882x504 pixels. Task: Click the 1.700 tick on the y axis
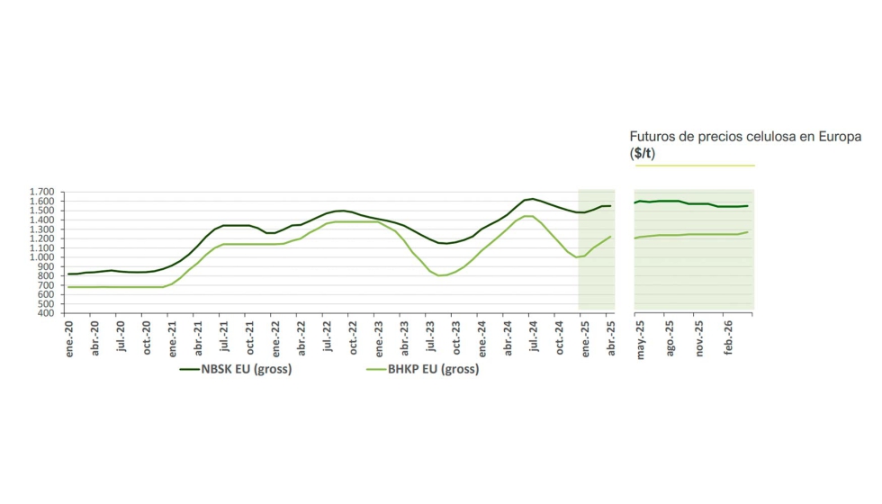point(42,193)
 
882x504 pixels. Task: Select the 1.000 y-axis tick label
point(42,257)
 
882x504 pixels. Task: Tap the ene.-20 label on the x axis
point(69,339)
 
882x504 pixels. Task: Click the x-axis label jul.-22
point(328,338)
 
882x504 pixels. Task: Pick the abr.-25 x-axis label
point(611,339)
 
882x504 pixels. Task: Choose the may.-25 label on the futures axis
point(641,340)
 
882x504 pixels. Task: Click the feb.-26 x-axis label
point(728,338)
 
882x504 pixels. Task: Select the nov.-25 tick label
point(699,340)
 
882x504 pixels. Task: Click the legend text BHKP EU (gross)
point(433,369)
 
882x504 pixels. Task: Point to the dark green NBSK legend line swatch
point(191,369)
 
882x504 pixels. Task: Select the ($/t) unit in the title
point(643,153)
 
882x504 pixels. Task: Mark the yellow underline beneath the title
point(694,166)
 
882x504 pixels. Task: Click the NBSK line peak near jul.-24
point(532,199)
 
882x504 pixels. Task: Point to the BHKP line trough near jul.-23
point(440,275)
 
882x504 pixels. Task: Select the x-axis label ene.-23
point(379,339)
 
